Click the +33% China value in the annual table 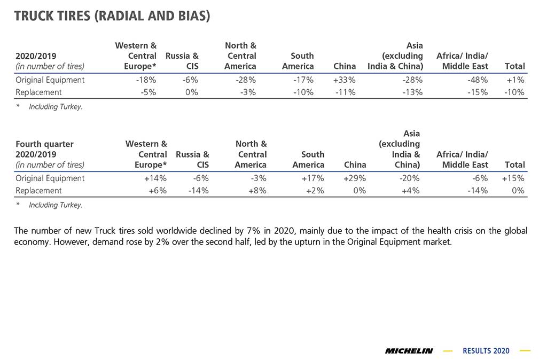[x=345, y=80]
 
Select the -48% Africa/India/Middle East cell [x=478, y=80]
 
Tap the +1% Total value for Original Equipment [x=515, y=80]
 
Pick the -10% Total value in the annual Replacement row [x=514, y=92]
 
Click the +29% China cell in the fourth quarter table [x=355, y=178]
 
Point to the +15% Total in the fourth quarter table [x=513, y=178]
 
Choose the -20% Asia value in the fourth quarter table [x=410, y=178]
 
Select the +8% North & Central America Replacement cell [x=257, y=191]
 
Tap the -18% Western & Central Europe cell [x=146, y=80]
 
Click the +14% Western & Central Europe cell [x=155, y=178]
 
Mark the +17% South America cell [x=313, y=178]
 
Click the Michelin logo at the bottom [x=409, y=351]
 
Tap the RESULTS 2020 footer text [x=486, y=351]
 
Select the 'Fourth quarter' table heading [x=45, y=144]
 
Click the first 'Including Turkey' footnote [x=56, y=107]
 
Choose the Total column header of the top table [x=514, y=66]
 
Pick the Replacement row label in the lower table [x=38, y=191]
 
